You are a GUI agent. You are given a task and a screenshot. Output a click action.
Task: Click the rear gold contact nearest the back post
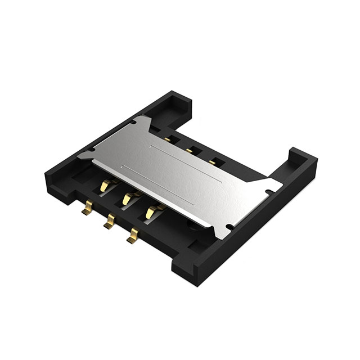pos(169,137)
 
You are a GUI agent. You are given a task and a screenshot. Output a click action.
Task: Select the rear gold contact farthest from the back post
pos(213,162)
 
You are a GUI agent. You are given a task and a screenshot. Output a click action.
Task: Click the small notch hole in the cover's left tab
pos(90,151)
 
